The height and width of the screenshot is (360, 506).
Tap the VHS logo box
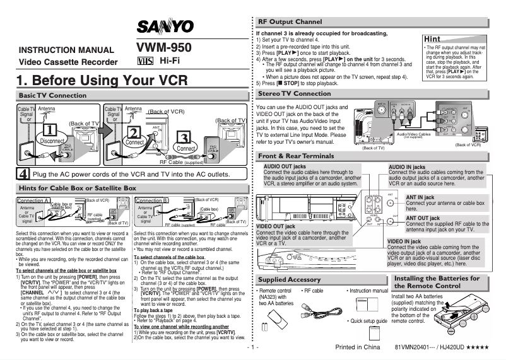[x=144, y=61]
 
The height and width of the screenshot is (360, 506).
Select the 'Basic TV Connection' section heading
[x=44, y=95]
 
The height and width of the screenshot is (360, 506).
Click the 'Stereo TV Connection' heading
[x=295, y=93]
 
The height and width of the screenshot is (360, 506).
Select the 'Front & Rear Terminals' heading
[x=297, y=155]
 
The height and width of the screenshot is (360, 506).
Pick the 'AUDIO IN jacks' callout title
[x=409, y=166]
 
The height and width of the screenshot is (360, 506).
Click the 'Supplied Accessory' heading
[x=290, y=279]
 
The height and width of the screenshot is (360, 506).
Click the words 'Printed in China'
[x=358, y=347]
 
